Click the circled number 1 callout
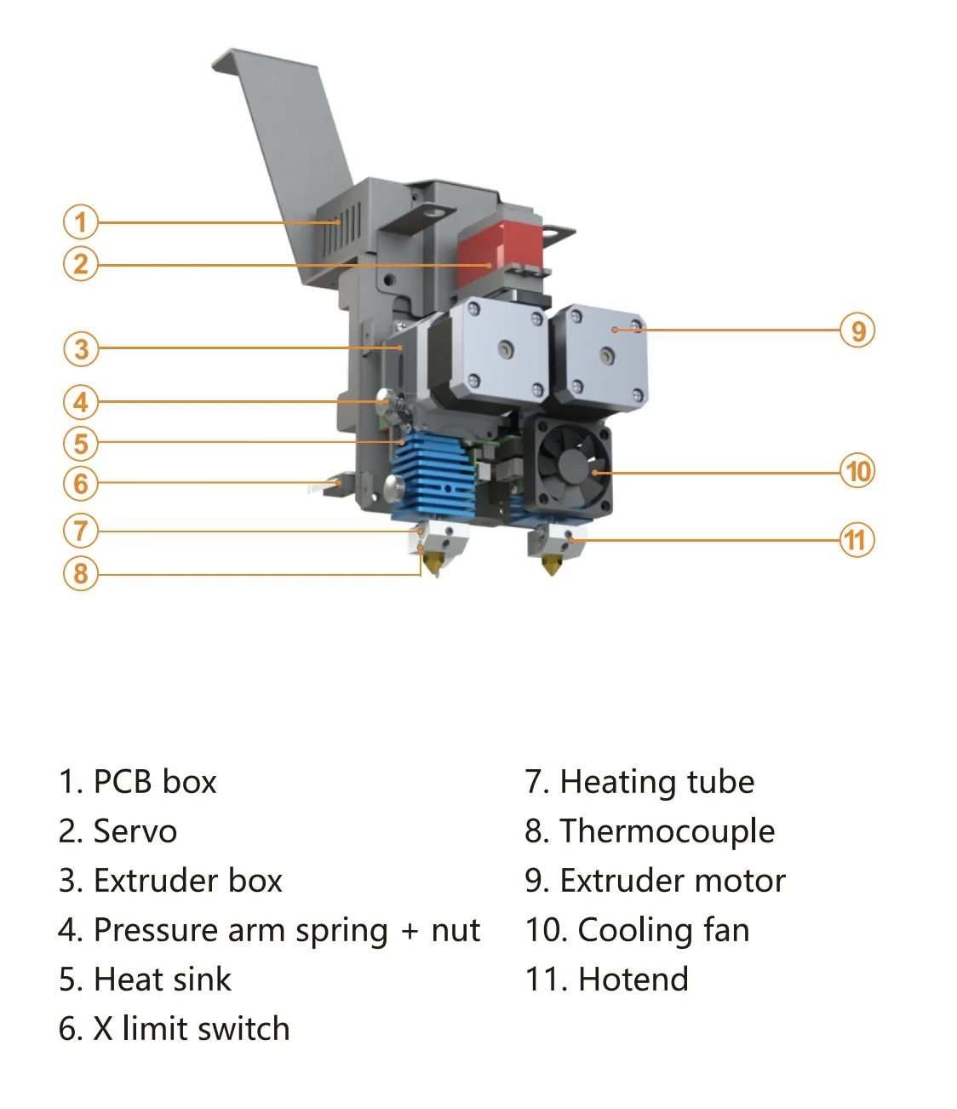pos(81,222)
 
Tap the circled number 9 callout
pos(857,330)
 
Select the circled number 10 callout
pos(857,471)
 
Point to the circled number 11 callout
pos(857,540)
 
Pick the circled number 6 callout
pos(81,484)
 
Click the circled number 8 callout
pos(81,573)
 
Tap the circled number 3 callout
pos(81,349)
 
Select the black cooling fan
pos(573,465)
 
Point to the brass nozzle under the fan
pos(552,565)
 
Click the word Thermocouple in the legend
pos(667,831)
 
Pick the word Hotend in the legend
pos(633,980)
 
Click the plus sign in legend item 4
pos(410,931)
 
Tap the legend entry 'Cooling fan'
pos(663,930)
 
